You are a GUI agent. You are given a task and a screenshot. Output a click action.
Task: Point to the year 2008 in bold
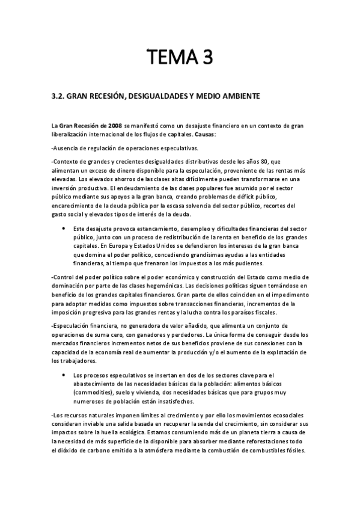tap(113, 124)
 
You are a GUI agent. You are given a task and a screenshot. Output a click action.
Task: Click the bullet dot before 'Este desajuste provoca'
tap(64, 229)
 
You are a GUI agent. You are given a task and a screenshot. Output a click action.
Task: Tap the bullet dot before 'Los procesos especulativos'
tap(64, 375)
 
